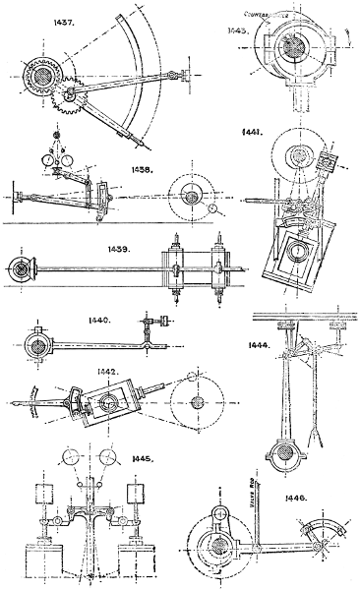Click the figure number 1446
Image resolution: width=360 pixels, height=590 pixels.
[x=295, y=499]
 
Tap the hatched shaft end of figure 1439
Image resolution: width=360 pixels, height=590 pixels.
[x=18, y=266]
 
